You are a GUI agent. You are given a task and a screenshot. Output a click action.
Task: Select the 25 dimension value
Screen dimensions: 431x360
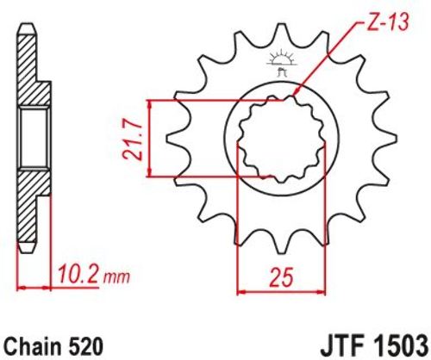(282, 277)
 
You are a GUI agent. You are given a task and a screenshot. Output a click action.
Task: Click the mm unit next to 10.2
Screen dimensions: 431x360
(116, 276)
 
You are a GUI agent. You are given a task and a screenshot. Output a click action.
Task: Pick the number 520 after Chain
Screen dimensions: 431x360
(87, 346)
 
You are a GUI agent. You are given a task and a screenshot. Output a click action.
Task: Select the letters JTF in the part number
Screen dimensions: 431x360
(340, 346)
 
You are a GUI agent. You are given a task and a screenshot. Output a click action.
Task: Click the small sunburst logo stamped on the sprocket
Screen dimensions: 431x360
(281, 62)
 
